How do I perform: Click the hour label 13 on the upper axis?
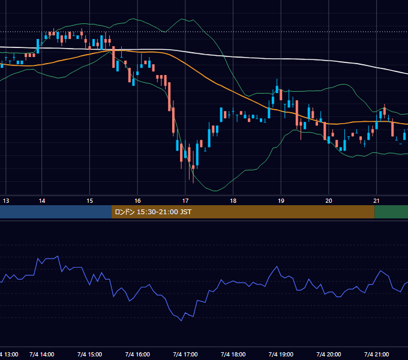(6, 201)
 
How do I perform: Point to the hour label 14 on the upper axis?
(42, 201)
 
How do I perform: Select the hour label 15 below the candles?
(90, 201)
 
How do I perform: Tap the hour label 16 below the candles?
(137, 201)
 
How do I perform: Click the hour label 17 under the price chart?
(185, 201)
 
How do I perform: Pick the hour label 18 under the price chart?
(233, 201)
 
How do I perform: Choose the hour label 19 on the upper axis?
(281, 201)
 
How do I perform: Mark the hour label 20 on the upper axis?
(329, 201)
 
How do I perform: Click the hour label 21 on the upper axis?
(377, 201)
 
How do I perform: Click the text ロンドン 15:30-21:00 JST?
(153, 212)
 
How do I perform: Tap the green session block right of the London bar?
(391, 212)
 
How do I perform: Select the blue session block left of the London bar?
(56, 212)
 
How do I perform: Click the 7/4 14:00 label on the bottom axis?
(42, 354)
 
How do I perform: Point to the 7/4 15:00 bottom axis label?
(90, 354)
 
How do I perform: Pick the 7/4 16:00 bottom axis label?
(137, 354)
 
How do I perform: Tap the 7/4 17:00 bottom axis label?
(185, 354)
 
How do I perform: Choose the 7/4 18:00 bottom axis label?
(233, 354)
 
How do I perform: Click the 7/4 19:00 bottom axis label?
(281, 354)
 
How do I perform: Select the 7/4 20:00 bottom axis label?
(329, 354)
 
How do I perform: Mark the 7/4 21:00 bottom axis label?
(377, 354)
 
